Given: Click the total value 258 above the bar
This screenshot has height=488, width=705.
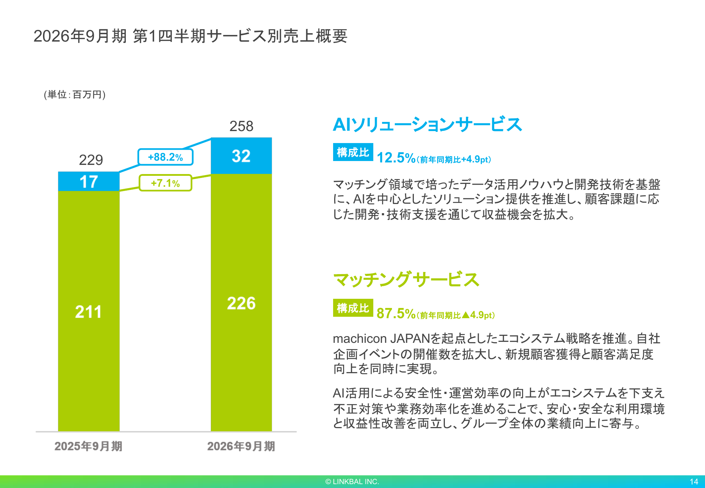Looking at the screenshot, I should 241,126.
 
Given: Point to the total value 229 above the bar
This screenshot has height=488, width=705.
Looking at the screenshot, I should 91,160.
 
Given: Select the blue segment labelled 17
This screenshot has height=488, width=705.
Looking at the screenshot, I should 89,181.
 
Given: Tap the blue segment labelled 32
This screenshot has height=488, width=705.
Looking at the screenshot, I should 241,156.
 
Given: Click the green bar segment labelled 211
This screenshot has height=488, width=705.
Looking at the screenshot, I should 89,311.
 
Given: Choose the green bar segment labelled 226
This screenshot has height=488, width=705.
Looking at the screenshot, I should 241,303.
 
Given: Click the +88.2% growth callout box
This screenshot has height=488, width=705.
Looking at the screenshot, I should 165,157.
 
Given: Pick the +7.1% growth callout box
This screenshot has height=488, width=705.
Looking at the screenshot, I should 165,183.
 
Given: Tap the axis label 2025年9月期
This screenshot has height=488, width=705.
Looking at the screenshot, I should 88,446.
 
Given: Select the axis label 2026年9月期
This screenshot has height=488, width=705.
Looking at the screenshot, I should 241,446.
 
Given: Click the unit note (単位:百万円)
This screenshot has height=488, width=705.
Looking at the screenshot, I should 75,94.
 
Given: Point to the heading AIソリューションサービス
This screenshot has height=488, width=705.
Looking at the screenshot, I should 427,125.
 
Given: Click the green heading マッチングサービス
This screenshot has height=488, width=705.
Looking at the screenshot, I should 406,280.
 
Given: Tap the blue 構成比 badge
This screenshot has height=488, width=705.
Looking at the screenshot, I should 353,152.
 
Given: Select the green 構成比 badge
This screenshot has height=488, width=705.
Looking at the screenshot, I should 353,308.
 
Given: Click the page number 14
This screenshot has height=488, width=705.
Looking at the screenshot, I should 694,482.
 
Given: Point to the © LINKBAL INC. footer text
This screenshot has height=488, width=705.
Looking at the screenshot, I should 352,482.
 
